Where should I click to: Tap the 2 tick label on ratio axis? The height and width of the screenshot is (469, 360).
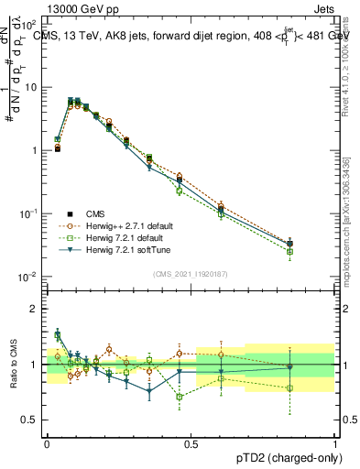click(35, 309)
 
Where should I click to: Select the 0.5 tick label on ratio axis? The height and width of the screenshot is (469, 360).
click(30, 420)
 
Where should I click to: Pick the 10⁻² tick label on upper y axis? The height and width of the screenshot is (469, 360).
click(29, 277)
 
